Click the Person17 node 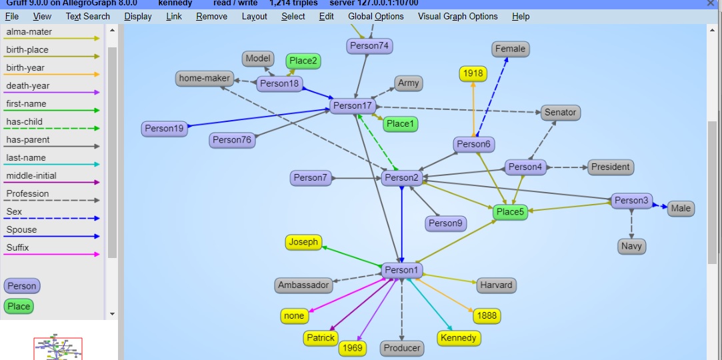(x=353, y=105)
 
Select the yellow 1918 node (x=473, y=73)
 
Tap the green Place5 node (x=511, y=212)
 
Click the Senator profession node (x=560, y=112)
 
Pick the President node (x=611, y=167)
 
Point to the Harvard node (x=497, y=285)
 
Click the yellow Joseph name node (x=303, y=242)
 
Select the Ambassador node (x=303, y=285)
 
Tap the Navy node (x=631, y=246)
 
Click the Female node (x=511, y=49)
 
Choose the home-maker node (x=205, y=78)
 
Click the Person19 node (x=164, y=129)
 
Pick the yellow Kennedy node (x=459, y=338)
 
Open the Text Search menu (x=87, y=16)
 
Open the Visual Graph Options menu (x=457, y=16)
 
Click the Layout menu (x=254, y=16)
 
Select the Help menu (x=521, y=16)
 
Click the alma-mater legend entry (x=29, y=32)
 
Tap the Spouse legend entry (x=22, y=230)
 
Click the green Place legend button (x=19, y=307)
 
